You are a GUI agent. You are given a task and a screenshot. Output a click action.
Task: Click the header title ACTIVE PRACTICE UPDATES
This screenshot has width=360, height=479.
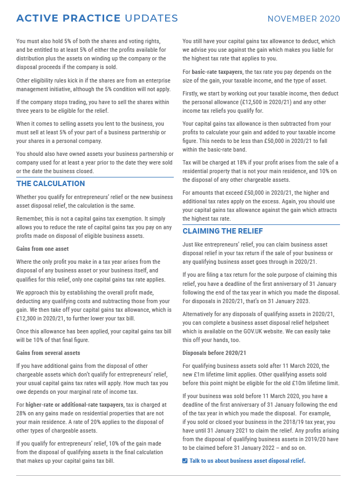(x=97, y=19)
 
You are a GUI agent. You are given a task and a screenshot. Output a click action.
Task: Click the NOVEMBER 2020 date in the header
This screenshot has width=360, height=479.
(x=304, y=19)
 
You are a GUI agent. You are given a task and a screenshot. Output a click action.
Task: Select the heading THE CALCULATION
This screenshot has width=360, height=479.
(x=51, y=183)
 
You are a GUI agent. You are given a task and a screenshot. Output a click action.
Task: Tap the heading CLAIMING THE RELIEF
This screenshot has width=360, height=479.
(x=223, y=231)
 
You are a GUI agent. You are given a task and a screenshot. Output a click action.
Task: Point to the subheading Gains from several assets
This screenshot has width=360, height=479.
(x=47, y=353)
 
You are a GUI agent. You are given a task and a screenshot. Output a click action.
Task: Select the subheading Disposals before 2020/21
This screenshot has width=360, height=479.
(x=214, y=353)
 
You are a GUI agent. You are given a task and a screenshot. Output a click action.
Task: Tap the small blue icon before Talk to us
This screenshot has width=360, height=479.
(x=185, y=461)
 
